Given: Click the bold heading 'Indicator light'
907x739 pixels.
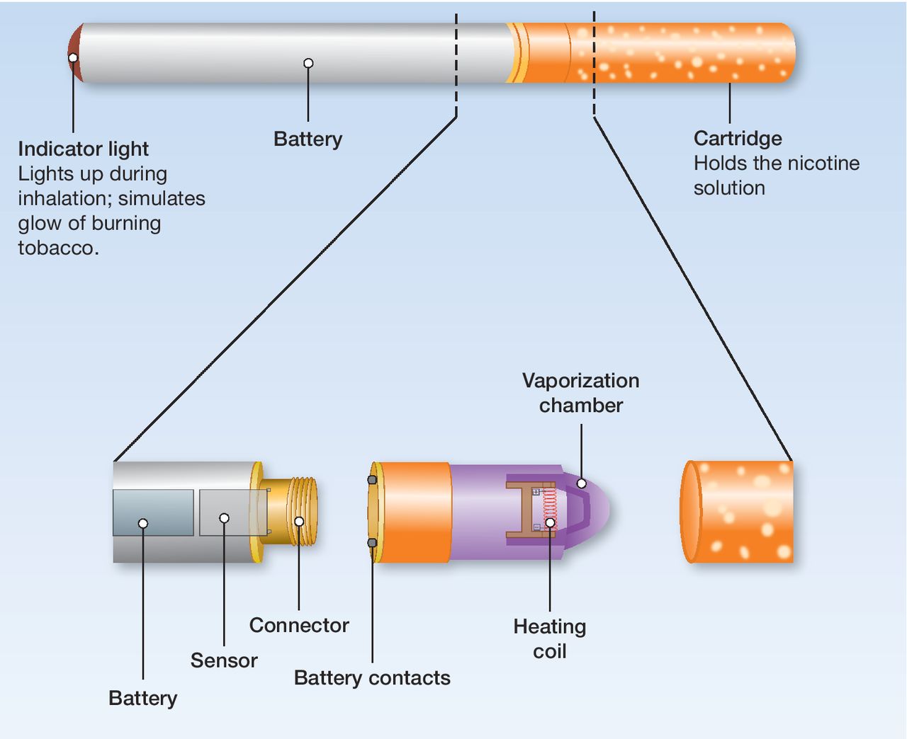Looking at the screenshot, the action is [x=83, y=149].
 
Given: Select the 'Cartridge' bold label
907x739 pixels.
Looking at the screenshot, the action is [x=738, y=139].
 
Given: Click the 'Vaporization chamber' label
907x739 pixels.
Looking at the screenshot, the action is [x=580, y=393].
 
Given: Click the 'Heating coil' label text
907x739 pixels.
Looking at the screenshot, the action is [x=550, y=639].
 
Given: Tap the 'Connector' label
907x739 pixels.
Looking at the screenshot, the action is [x=299, y=625].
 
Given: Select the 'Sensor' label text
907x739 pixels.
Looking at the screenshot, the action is [x=224, y=660].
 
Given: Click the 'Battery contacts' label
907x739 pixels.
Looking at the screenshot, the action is [x=372, y=678].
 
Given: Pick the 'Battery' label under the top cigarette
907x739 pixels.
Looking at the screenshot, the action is [x=308, y=139].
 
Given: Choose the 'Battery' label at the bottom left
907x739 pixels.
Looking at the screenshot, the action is [x=142, y=698].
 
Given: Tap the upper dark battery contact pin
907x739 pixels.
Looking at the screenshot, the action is [x=372, y=480].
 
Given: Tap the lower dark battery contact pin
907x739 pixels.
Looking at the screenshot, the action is [x=372, y=543].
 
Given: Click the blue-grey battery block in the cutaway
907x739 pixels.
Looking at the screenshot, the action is [x=153, y=512].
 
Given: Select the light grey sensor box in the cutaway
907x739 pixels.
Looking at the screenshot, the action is [x=233, y=512].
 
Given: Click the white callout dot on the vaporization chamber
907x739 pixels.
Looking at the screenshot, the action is [x=582, y=483].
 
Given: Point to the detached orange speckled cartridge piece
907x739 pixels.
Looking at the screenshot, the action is [x=737, y=511].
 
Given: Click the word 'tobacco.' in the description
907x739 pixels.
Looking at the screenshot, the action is [x=59, y=248].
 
